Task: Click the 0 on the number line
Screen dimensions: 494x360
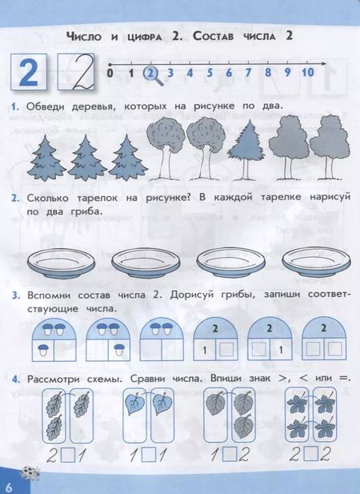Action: tap(110, 74)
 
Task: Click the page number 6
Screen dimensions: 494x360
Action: tap(9, 485)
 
